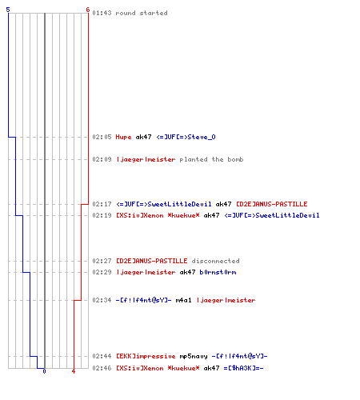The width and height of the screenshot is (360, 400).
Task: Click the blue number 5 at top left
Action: click(x=8, y=10)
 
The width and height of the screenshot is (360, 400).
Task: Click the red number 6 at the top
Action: click(x=88, y=10)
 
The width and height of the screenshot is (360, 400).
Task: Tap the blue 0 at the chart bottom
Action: click(x=44, y=371)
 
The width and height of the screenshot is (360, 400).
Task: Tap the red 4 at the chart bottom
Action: click(x=74, y=371)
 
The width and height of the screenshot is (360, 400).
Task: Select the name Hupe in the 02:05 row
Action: click(x=123, y=137)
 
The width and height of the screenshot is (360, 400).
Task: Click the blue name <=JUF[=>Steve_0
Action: click(x=186, y=137)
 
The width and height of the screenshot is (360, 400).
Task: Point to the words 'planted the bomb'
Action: click(x=211, y=159)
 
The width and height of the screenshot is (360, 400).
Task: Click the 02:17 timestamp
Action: click(x=102, y=204)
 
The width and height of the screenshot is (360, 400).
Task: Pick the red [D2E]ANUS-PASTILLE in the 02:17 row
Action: click(x=272, y=204)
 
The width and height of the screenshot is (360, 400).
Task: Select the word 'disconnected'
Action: click(x=215, y=261)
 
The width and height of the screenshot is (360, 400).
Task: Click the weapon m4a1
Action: click(x=183, y=300)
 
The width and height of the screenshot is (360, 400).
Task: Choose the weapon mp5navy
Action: click(x=194, y=356)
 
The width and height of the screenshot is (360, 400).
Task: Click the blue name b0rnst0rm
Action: click(x=218, y=272)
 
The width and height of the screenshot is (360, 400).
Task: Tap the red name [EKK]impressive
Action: click(x=146, y=356)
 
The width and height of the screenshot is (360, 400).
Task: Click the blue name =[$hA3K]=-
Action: click(x=243, y=368)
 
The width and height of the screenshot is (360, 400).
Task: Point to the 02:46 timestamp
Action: click(x=102, y=368)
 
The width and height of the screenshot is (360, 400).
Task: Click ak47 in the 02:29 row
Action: click(x=187, y=272)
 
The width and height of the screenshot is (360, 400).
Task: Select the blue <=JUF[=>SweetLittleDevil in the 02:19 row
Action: click(x=272, y=215)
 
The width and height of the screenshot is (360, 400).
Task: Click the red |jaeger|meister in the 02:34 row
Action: click(x=226, y=300)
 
